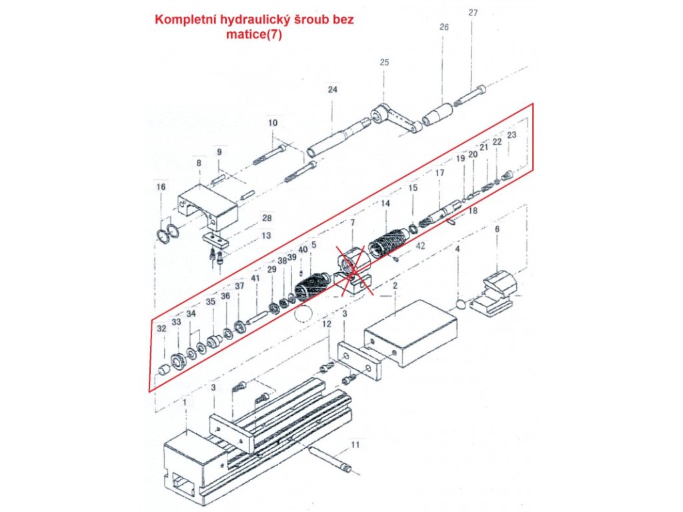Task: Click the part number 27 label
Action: (473, 13)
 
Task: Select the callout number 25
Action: (384, 62)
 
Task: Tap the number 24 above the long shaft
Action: (333, 89)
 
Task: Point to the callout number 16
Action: (160, 187)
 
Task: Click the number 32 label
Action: (161, 328)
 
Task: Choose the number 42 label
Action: (420, 247)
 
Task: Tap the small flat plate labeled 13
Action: (215, 239)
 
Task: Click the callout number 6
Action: (497, 229)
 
